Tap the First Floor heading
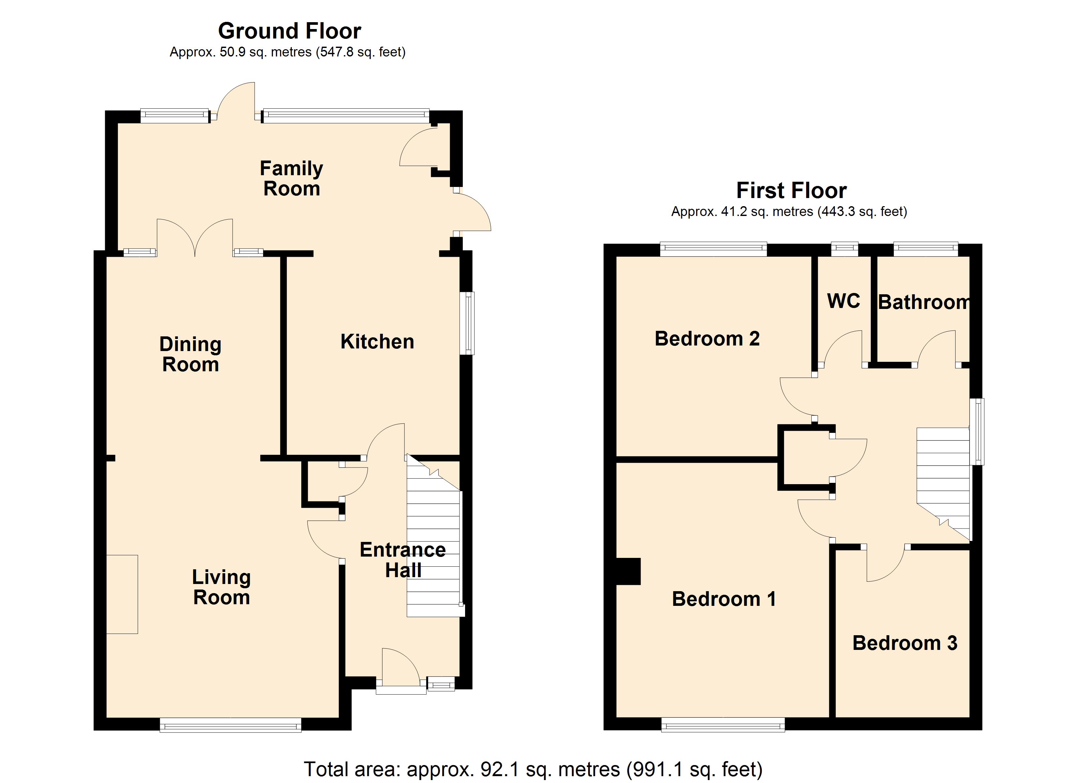point(791,191)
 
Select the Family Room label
point(291,178)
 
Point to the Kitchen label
point(377,342)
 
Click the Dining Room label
point(190,354)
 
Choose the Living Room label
point(221,587)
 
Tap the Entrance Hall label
point(403,560)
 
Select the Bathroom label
point(924,302)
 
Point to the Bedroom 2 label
point(707,339)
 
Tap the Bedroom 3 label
point(905,643)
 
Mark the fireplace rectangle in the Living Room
point(122,594)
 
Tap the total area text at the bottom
point(533,769)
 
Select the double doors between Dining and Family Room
point(195,238)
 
